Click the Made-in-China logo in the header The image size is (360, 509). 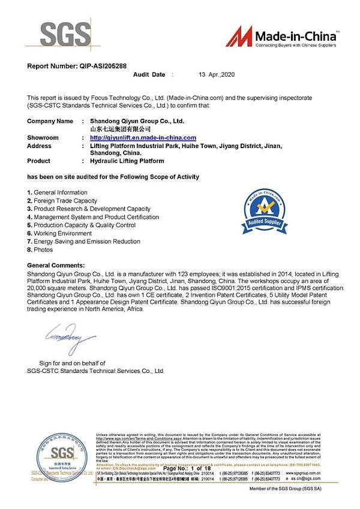coord(281,37)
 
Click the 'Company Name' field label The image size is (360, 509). coord(50,121)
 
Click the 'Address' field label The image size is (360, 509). coord(40,146)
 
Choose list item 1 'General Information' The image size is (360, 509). coord(57,192)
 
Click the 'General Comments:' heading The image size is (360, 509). coord(56,265)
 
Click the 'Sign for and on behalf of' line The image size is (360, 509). coord(72,363)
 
